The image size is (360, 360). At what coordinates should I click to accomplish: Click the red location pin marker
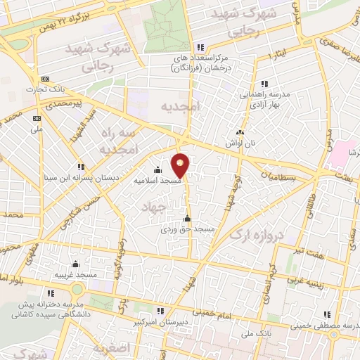pyautogui.click(x=181, y=165)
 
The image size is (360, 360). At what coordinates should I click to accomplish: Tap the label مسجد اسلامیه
pyautogui.click(x=158, y=180)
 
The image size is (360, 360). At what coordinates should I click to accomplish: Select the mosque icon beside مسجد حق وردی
pyautogui.click(x=186, y=218)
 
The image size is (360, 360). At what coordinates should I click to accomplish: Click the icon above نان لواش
pyautogui.click(x=240, y=131)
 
